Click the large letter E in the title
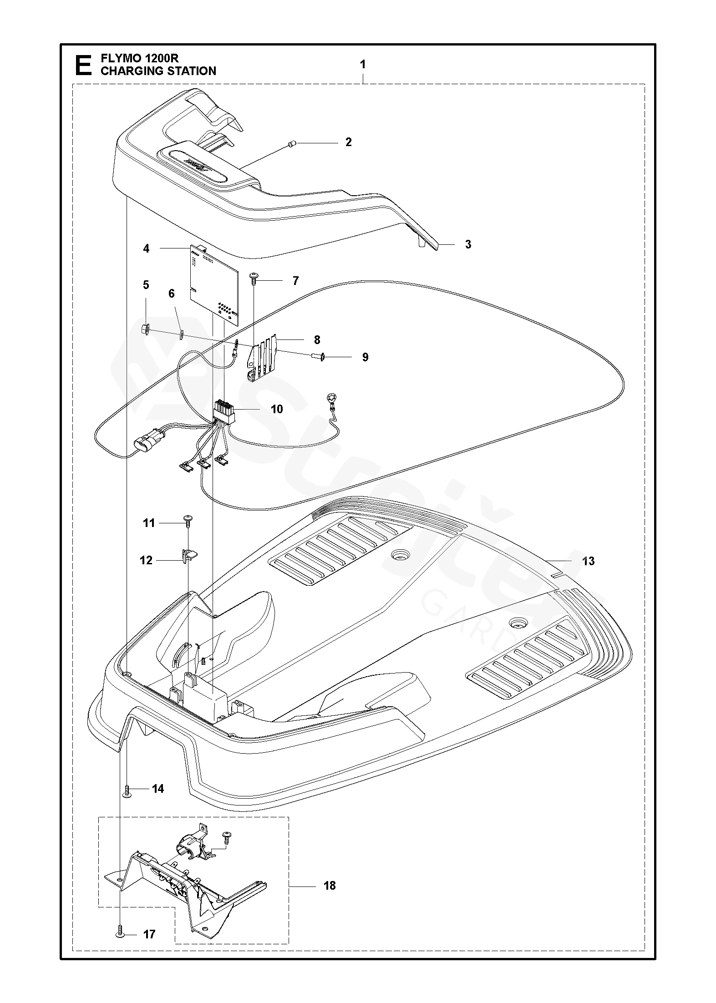click(x=82, y=65)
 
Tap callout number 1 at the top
click(x=363, y=65)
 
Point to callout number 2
click(x=348, y=142)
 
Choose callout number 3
click(x=468, y=244)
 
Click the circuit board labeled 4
click(x=214, y=284)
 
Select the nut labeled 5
click(x=147, y=328)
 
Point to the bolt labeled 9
click(x=316, y=357)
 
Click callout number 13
click(x=588, y=561)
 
